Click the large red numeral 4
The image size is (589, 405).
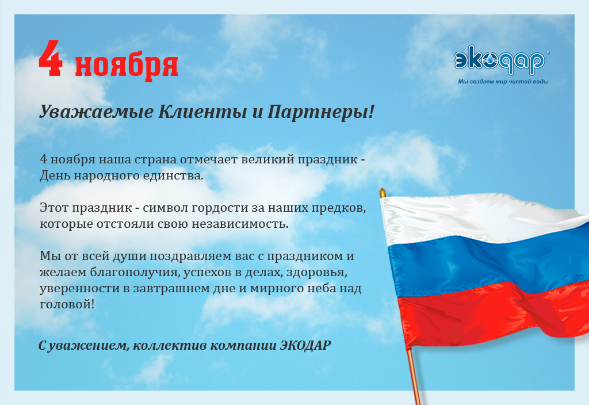(51, 59)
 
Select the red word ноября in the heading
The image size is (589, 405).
(127, 66)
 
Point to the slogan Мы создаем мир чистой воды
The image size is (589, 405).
(503, 82)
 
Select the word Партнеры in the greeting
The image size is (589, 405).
(319, 112)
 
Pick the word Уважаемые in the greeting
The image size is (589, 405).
(97, 112)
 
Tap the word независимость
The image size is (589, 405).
(240, 224)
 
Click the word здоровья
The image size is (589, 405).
(317, 272)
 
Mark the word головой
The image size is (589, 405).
(67, 304)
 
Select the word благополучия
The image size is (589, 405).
(135, 272)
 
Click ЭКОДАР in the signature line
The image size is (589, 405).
(305, 345)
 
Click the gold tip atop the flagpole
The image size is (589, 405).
(383, 193)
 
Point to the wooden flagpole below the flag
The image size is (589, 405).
(414, 376)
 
